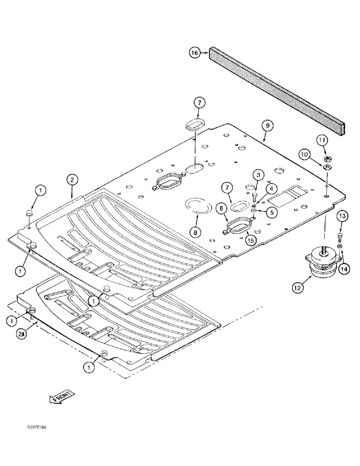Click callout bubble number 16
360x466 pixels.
pos(194,53)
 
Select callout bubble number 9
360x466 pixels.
pos(266,125)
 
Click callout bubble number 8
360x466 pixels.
pos(195,231)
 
